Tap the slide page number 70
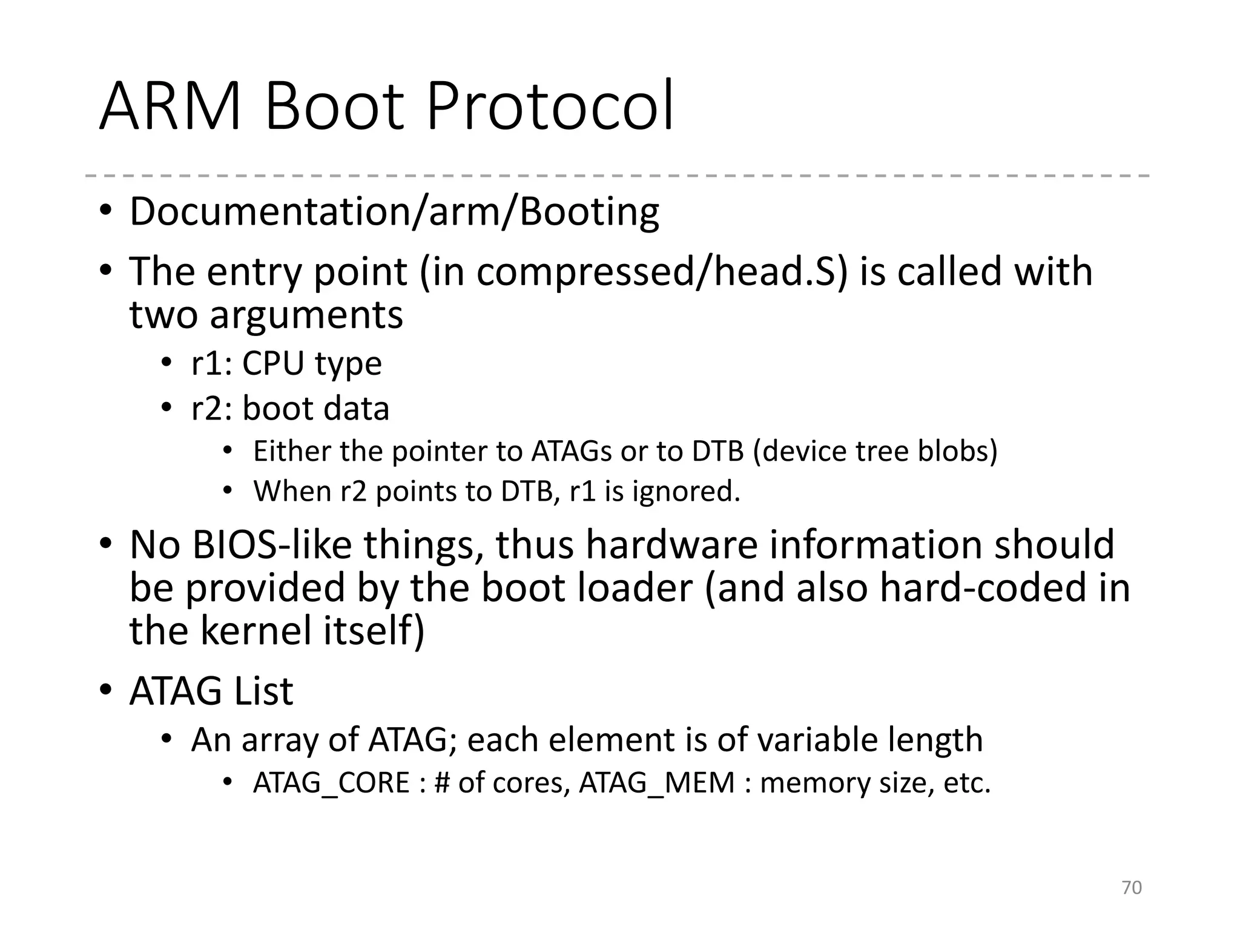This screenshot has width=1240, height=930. [x=1132, y=888]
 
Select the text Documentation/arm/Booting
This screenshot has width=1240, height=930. [x=394, y=212]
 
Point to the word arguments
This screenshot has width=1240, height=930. [x=306, y=315]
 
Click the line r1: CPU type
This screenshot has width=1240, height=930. [x=286, y=363]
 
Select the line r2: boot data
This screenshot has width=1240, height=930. [x=290, y=408]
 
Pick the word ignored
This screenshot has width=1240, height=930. [x=686, y=491]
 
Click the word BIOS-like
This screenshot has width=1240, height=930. [x=271, y=544]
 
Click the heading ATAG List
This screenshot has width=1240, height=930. [x=211, y=691]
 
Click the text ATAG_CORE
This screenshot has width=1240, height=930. [x=332, y=782]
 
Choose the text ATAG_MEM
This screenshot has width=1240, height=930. [x=657, y=782]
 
